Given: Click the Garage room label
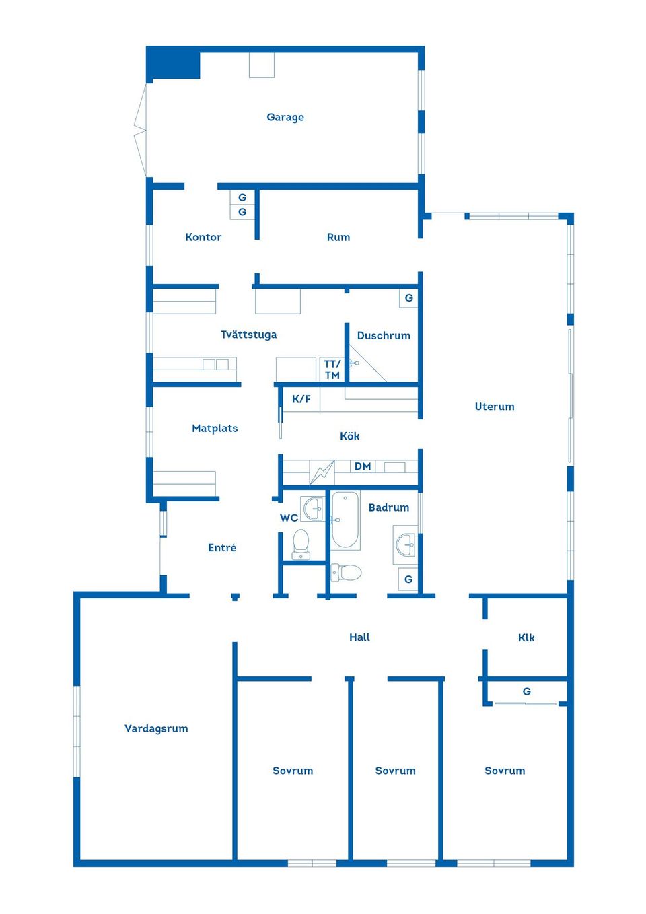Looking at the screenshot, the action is click(x=285, y=118).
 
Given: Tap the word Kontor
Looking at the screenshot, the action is click(x=203, y=237).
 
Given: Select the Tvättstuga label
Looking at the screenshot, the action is click(x=249, y=335).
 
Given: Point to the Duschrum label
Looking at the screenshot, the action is click(x=384, y=335).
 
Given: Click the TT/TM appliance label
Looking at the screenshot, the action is click(x=332, y=370).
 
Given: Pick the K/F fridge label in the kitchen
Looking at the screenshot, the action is click(x=301, y=399).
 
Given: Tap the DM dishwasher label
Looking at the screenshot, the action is click(x=363, y=466).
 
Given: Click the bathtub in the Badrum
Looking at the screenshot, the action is click(x=345, y=520).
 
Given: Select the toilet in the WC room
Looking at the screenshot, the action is click(x=301, y=544).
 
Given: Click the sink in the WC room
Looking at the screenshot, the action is click(x=312, y=508).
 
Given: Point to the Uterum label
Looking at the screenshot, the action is click(x=495, y=407).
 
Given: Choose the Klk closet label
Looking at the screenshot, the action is click(x=526, y=638).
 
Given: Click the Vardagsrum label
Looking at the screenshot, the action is click(x=156, y=729).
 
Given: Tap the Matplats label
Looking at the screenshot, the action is click(x=215, y=429).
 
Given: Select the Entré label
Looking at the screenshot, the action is click(x=222, y=547).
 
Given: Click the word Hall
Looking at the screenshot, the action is click(x=359, y=637).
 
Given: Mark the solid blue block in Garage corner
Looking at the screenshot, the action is click(x=174, y=63).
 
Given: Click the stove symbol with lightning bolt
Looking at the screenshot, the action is click(x=322, y=472).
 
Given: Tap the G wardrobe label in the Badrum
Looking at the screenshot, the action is click(x=408, y=579).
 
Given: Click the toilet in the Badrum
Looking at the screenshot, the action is click(x=346, y=572).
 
